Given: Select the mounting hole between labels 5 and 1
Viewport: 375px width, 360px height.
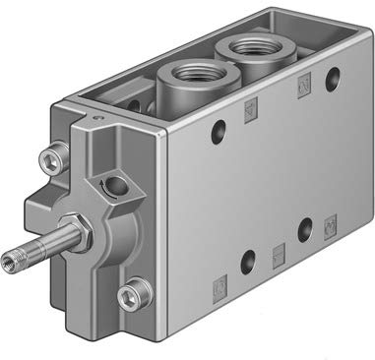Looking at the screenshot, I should click(247, 262).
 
